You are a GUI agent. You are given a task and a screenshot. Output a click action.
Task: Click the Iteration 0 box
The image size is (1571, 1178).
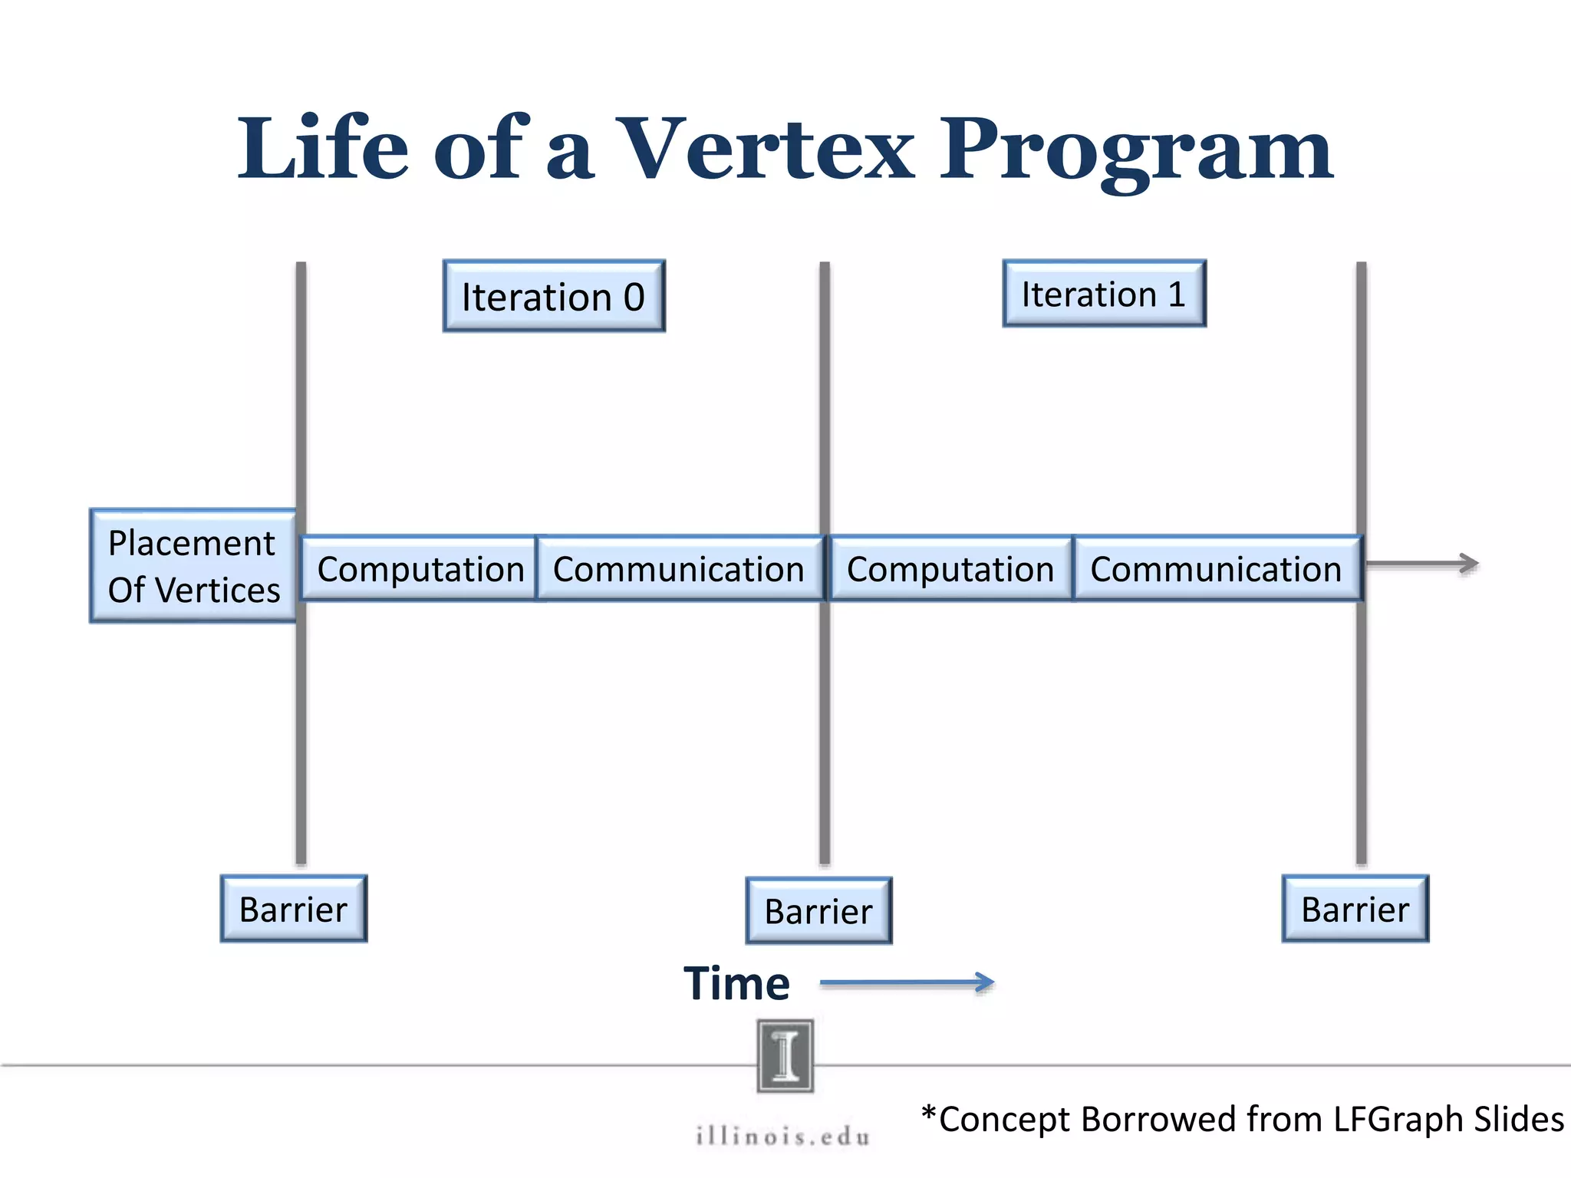click(x=554, y=296)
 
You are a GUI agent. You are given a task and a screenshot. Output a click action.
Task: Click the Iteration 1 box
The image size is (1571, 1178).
click(x=1104, y=294)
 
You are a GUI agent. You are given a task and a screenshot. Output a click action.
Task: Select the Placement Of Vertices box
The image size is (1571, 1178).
click(x=193, y=566)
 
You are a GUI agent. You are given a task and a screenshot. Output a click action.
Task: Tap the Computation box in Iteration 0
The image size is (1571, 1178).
click(x=420, y=568)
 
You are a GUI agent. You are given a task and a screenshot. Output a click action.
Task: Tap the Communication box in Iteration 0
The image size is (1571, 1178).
click(x=679, y=568)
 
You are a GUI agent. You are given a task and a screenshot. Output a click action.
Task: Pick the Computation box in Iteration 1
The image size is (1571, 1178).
click(x=950, y=568)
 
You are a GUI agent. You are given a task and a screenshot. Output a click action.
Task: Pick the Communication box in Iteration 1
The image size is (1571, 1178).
click(x=1217, y=568)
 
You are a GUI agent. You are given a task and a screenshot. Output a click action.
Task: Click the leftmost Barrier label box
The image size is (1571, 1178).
click(x=294, y=909)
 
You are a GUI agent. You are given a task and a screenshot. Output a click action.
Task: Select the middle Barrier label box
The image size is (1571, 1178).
click(x=818, y=911)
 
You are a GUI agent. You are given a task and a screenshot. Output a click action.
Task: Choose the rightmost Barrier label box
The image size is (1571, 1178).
click(x=1355, y=909)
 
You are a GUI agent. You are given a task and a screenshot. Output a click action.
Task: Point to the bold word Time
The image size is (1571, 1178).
click(x=736, y=983)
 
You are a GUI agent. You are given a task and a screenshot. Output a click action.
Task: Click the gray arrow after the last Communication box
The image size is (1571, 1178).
click(x=1422, y=564)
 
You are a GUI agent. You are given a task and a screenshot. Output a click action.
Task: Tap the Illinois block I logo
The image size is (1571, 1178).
click(x=785, y=1055)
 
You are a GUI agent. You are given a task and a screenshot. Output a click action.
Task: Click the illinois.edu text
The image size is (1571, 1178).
click(x=783, y=1136)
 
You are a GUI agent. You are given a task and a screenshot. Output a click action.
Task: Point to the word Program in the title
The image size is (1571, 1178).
click(x=1137, y=150)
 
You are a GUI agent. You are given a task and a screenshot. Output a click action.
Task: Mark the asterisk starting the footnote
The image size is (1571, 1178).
click(x=929, y=1113)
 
